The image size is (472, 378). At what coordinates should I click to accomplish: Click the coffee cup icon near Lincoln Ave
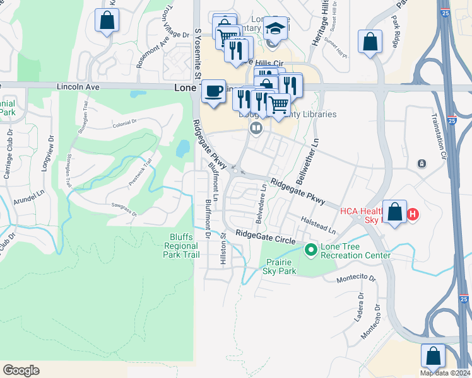[214, 90]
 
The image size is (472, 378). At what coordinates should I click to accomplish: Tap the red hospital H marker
[413, 214]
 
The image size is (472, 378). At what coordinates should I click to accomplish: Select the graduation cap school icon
[274, 29]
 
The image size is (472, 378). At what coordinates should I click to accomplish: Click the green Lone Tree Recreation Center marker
[310, 250]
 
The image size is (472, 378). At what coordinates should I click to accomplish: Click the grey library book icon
[256, 129]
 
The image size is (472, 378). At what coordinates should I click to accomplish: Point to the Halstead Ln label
[319, 226]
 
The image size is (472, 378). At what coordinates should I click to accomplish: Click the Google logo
[21, 370]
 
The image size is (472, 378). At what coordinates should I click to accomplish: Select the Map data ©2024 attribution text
[445, 373]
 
